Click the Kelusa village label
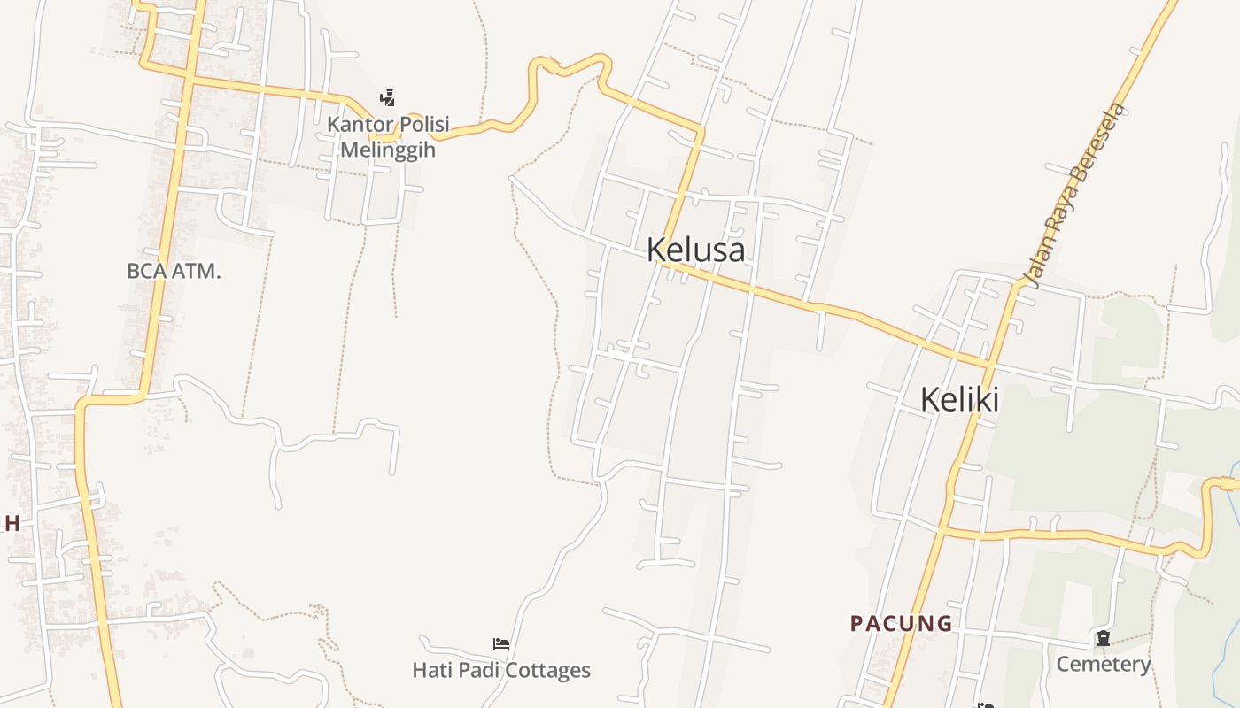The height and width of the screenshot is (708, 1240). (x=695, y=250)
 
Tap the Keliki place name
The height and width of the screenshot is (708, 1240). (x=959, y=399)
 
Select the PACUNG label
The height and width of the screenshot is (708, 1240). (x=901, y=624)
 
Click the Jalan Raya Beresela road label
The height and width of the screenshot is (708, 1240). (x=1074, y=196)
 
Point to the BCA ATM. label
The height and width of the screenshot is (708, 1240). (x=174, y=271)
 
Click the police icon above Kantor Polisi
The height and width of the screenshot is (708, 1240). (x=387, y=97)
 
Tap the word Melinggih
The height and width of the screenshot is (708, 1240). (x=388, y=149)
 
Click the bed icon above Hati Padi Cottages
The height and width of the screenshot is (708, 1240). (x=501, y=644)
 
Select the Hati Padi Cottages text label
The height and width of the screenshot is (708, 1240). (x=501, y=670)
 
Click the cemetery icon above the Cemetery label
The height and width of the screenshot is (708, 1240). (x=1103, y=638)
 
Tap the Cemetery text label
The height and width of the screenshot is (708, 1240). (x=1103, y=664)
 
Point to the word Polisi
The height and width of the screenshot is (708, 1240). (x=422, y=125)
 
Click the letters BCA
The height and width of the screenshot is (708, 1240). (x=147, y=271)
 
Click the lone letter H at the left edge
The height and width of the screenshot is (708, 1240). (x=12, y=523)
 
